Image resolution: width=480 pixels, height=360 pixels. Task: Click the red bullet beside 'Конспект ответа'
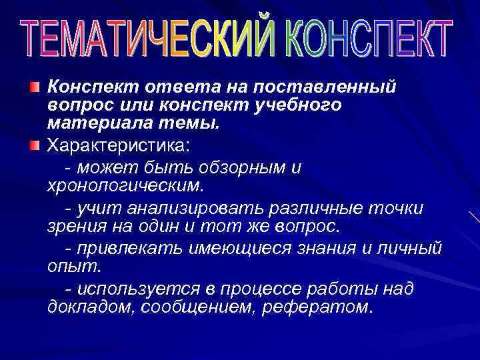pyautogui.click(x=35, y=87)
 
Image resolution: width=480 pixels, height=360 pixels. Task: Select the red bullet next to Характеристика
pyautogui.click(x=35, y=145)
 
